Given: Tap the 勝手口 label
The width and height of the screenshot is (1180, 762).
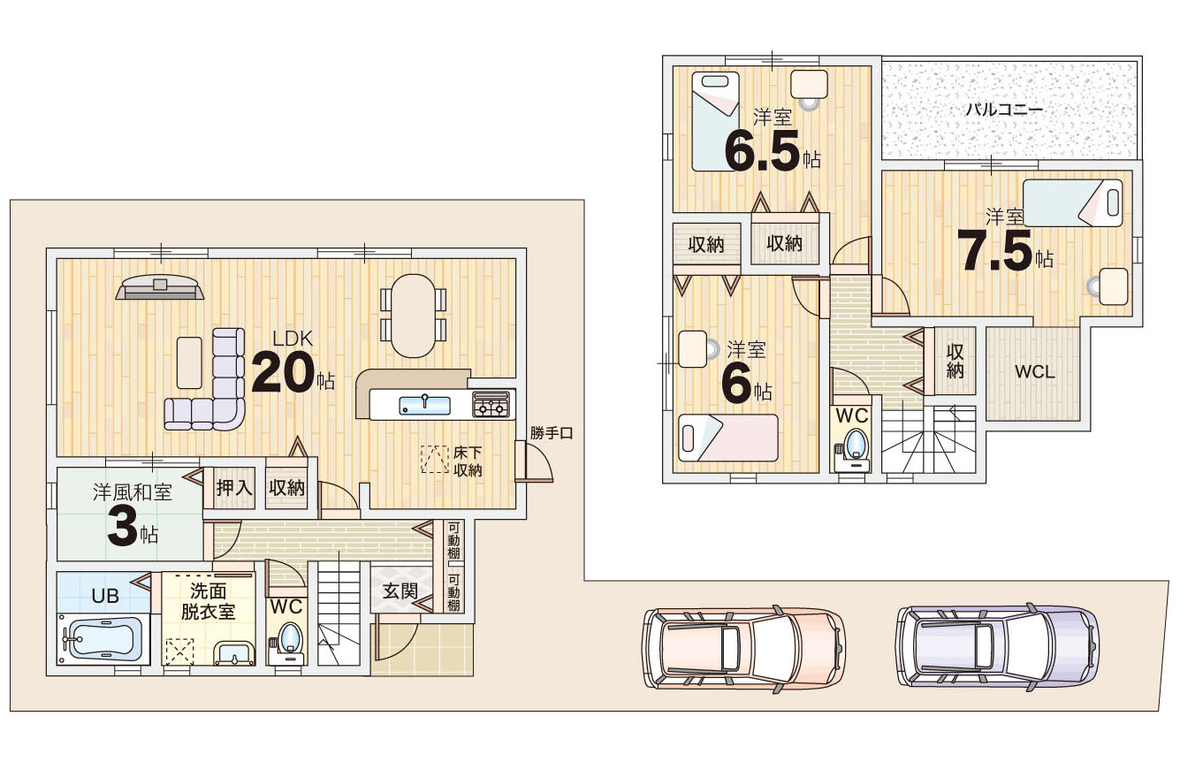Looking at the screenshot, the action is tap(551, 433).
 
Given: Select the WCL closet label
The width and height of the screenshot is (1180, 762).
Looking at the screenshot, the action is tap(1034, 372).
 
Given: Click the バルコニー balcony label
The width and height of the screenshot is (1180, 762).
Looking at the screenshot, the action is tap(1005, 110).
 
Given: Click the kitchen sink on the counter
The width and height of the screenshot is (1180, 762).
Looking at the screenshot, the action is tap(424, 405).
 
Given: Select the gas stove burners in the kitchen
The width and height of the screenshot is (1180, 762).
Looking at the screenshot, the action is tap(491, 404).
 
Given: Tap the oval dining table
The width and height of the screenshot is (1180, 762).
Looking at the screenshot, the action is tap(414, 316).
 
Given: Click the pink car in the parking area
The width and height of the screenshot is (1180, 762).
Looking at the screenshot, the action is tap(743, 649).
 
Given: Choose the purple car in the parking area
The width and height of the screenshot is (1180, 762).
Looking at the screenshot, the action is tap(998, 646).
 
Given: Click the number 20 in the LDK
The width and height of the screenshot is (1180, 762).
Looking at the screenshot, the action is tap(283, 373).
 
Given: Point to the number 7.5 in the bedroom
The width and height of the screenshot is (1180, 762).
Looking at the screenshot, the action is tap(994, 251).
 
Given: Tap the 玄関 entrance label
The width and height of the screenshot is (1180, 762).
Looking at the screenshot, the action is tap(400, 591).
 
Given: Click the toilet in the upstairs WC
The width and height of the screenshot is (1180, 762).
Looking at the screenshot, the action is tap(852, 448).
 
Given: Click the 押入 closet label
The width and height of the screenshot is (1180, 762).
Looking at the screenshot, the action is tap(234, 488).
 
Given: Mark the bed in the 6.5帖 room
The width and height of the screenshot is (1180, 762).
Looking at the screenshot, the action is tap(715, 122).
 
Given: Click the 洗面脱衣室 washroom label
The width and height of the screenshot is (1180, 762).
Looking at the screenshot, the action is tap(208, 602).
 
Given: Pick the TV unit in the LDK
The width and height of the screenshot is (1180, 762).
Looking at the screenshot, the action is tap(160, 287).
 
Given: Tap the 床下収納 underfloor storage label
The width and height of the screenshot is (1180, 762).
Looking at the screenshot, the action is tap(468, 461).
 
